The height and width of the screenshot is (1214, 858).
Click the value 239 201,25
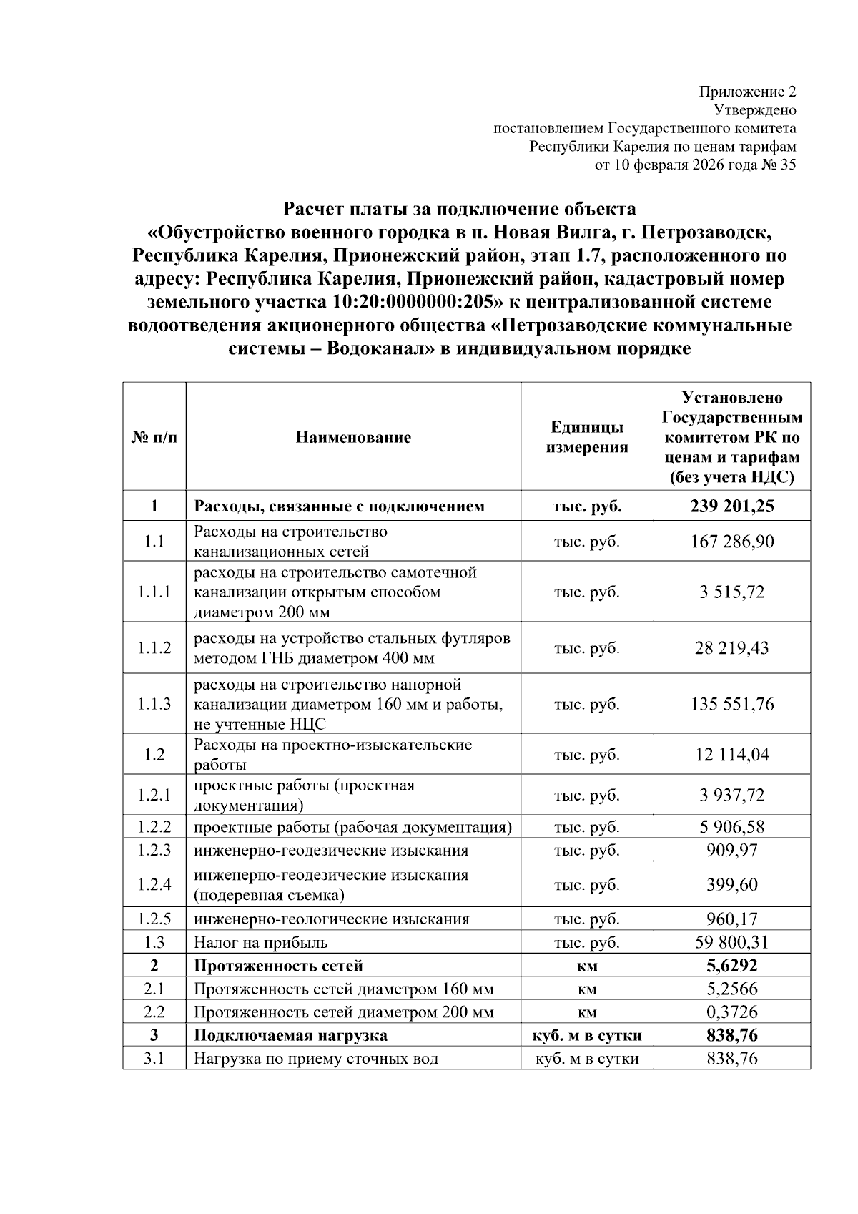click(731, 506)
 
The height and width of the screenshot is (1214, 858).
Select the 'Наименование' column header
click(353, 437)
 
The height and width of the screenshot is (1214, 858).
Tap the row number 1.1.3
click(154, 704)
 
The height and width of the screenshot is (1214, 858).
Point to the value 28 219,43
click(731, 648)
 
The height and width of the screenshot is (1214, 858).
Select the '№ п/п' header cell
click(154, 437)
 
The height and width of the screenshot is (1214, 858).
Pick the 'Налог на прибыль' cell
click(261, 943)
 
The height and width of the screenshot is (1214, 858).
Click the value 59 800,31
click(731, 943)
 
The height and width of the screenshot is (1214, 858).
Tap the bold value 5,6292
click(731, 966)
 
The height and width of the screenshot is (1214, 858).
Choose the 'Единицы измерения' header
click(586, 437)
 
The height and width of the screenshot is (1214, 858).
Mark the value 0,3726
click(731, 1012)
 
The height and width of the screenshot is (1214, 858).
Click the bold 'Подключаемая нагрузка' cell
click(290, 1035)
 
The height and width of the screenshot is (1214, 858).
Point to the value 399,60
click(731, 885)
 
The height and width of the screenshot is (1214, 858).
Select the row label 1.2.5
click(154, 919)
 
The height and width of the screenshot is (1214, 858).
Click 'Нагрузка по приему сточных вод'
click(316, 1059)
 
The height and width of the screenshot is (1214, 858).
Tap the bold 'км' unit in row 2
click(587, 966)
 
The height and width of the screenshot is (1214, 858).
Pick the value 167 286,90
click(731, 542)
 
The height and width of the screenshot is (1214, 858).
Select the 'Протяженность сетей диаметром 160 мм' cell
click(343, 989)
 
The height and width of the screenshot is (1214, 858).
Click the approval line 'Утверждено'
click(755, 110)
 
